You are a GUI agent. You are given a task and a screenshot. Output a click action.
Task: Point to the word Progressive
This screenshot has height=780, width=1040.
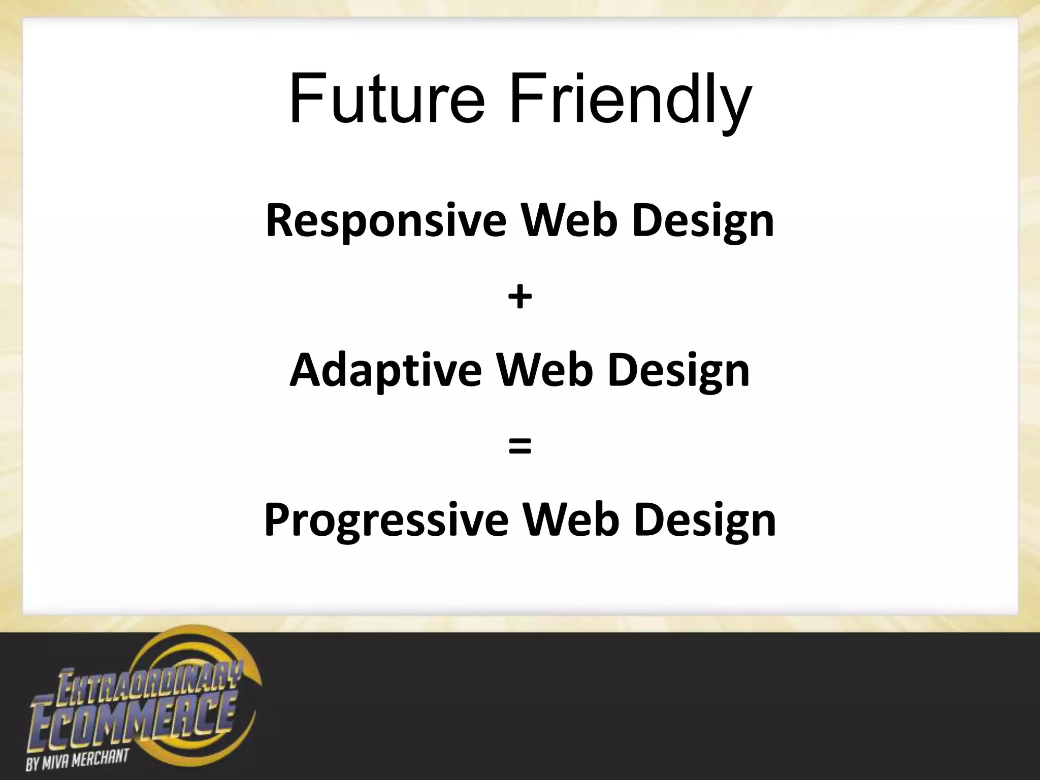(x=386, y=521)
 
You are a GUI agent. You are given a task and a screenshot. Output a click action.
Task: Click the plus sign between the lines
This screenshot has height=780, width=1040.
(x=519, y=297)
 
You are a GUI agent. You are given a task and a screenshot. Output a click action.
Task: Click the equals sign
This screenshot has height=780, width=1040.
(x=519, y=446)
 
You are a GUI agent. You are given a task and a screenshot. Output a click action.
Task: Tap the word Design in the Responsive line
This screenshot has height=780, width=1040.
(x=703, y=221)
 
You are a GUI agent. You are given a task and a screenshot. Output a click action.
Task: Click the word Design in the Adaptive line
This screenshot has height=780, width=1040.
(x=678, y=371)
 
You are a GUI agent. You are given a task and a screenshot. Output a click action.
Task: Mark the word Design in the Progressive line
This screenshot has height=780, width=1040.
(x=705, y=521)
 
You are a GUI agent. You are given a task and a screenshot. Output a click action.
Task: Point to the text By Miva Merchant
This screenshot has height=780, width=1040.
(x=76, y=760)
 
